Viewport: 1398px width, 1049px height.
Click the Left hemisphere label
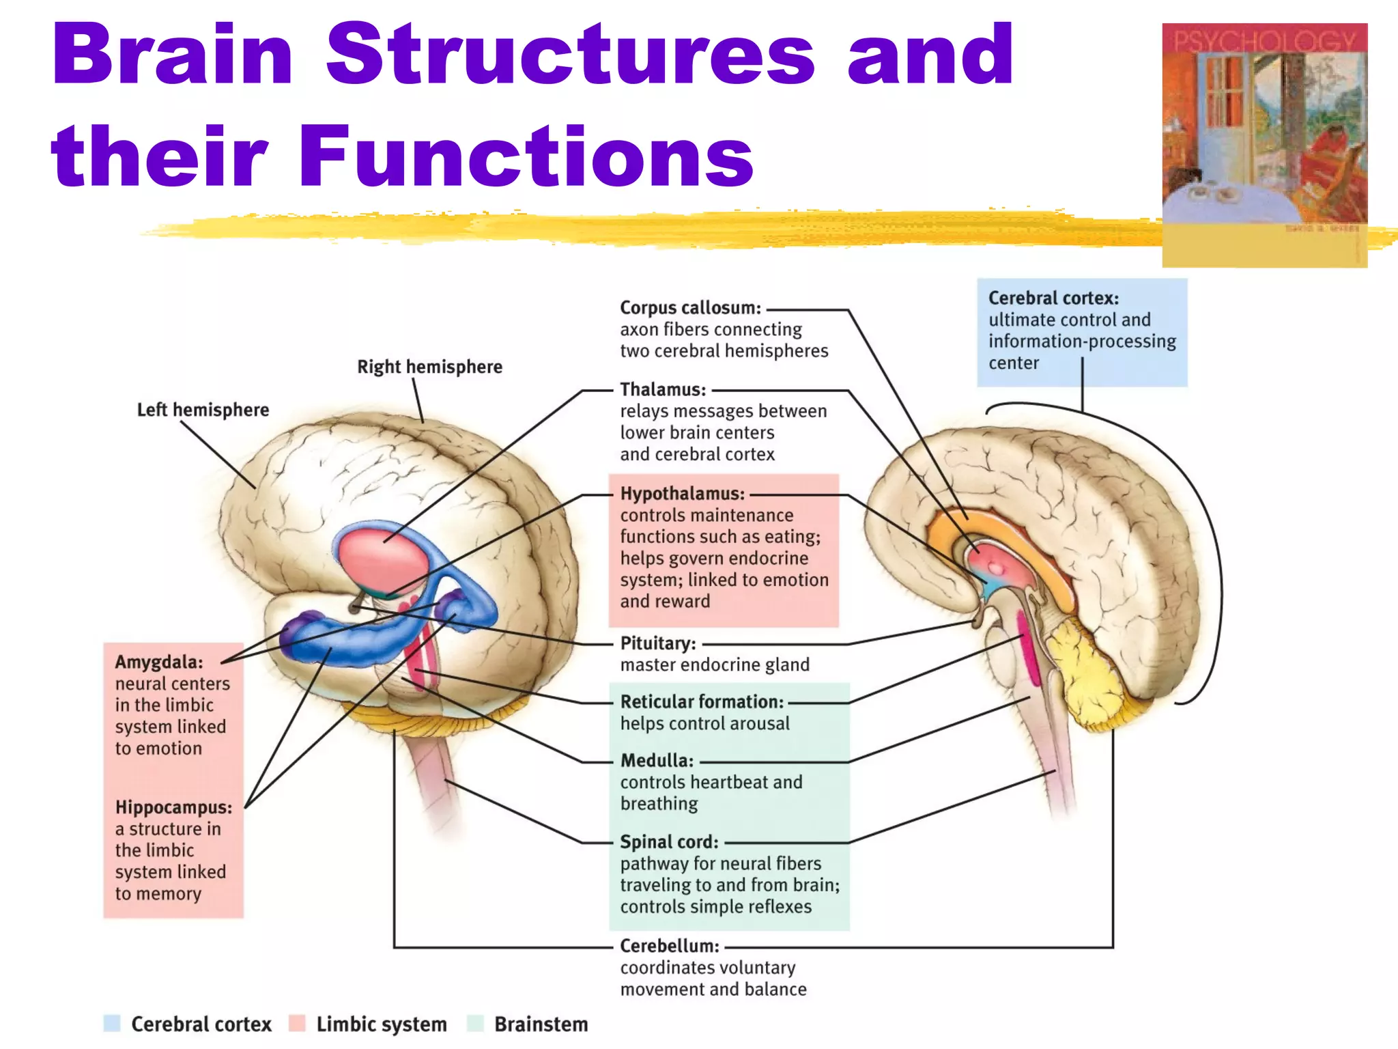[x=203, y=410]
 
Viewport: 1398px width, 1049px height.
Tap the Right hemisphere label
[x=429, y=367]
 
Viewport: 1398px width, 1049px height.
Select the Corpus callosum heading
[x=689, y=308]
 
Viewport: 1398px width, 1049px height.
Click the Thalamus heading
[x=662, y=390]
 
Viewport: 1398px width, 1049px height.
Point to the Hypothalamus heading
[x=682, y=494]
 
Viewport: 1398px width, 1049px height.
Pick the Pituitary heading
[x=657, y=643]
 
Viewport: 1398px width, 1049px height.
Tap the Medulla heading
[x=656, y=761]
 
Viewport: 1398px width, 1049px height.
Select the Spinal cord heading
[x=669, y=842]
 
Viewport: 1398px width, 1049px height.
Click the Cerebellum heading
[x=669, y=946]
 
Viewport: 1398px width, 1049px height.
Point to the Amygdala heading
[x=158, y=662]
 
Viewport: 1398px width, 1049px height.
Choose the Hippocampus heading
[x=173, y=807]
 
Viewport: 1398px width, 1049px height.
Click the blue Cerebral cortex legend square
[x=112, y=1023]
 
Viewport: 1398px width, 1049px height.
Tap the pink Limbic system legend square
[x=297, y=1023]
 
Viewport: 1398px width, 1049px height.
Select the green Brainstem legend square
[x=475, y=1023]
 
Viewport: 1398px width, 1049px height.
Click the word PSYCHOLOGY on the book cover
[x=1264, y=41]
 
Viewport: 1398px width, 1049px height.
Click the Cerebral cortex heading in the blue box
[x=1053, y=298]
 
